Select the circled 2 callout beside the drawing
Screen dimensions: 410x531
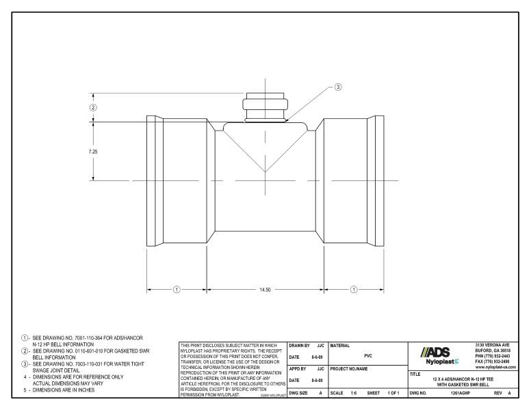(x=93, y=107)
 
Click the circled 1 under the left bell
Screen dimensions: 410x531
(x=176, y=290)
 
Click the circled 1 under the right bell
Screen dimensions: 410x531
(x=354, y=290)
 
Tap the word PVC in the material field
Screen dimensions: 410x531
(x=367, y=355)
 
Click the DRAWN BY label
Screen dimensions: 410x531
(x=300, y=346)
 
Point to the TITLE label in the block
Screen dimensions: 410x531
(x=415, y=374)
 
